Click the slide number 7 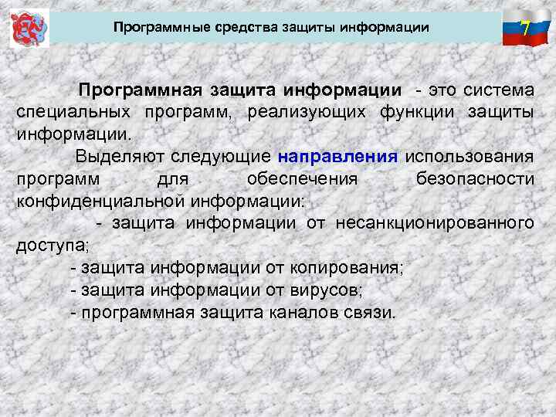point(524,29)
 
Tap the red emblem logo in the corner point(29,29)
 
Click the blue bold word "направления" point(338,156)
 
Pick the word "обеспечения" point(302,178)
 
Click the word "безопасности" point(474,178)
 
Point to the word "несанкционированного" point(434,223)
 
